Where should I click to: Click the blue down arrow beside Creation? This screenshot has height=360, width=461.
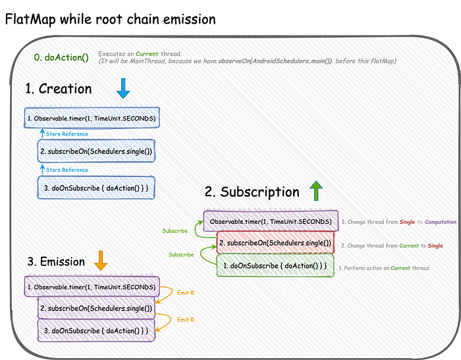pos(123,88)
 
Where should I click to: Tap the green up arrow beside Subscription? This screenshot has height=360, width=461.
pos(316,191)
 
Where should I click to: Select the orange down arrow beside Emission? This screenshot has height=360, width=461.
pos(101,261)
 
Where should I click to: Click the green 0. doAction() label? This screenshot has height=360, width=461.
pos(61,57)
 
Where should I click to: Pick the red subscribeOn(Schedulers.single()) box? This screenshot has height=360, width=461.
pos(275,243)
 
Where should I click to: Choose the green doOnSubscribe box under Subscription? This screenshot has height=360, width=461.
pos(275,266)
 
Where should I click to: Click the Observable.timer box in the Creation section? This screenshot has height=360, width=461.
pos(92,118)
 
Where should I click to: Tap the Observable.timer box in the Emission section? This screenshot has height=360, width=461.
pos(92,287)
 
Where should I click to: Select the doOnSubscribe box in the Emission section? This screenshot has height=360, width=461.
pos(96,330)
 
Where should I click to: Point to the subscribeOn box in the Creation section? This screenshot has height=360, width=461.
pos(96,151)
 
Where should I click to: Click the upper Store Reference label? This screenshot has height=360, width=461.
pos(67,134)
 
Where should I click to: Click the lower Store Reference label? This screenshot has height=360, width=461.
pos(67,170)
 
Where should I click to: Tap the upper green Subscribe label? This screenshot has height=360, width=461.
pos(175,231)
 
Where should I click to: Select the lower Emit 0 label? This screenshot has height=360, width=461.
pos(186,319)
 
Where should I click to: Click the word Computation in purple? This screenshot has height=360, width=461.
pos(441,222)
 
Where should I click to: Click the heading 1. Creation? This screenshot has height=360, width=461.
pos(58,88)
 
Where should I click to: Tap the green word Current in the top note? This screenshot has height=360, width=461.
pos(147,54)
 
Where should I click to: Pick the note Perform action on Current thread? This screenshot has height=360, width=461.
pos(384,268)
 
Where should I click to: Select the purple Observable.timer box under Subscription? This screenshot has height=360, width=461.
pos(271,221)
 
